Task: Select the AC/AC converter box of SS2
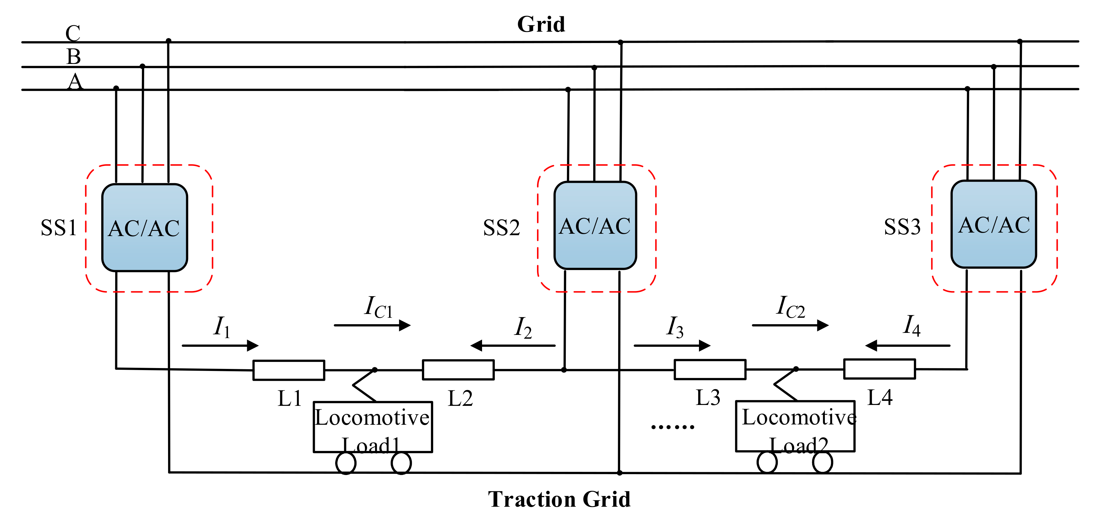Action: [x=595, y=225]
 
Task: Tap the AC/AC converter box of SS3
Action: [x=993, y=224]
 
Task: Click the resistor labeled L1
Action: [x=289, y=370]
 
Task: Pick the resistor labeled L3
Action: [x=710, y=369]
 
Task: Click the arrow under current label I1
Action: [x=220, y=345]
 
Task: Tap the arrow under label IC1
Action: [x=372, y=325]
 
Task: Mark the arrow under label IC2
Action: [x=790, y=325]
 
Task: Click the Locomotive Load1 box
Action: [x=373, y=427]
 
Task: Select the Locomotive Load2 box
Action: [x=795, y=426]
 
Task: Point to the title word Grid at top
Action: [x=541, y=24]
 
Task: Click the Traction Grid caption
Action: [x=559, y=499]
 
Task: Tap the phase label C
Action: [x=73, y=33]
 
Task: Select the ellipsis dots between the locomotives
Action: [x=673, y=426]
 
